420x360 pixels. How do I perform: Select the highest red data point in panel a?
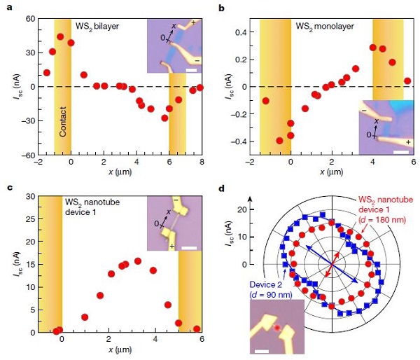point(60,36)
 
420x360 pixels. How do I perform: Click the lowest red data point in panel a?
point(164,118)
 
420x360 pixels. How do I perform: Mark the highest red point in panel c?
point(138,261)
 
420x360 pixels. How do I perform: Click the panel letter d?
point(222,188)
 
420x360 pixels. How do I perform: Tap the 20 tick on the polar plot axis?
point(244,209)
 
